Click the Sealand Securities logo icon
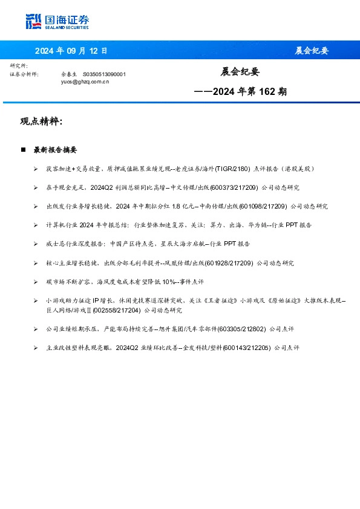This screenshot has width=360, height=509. tap(34, 22)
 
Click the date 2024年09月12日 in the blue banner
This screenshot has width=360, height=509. tap(71, 51)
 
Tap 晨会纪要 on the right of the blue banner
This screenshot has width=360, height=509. tap(312, 51)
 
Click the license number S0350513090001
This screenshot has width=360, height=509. tap(104, 74)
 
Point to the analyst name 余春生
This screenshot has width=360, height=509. tap(69, 74)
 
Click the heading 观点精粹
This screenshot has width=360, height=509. tap(41, 122)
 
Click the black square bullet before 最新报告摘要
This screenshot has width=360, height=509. tap(23, 149)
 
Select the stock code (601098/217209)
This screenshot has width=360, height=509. tap(264, 206)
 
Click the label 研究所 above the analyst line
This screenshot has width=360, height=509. tap(19, 65)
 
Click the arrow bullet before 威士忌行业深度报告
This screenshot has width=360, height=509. tap(36, 244)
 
